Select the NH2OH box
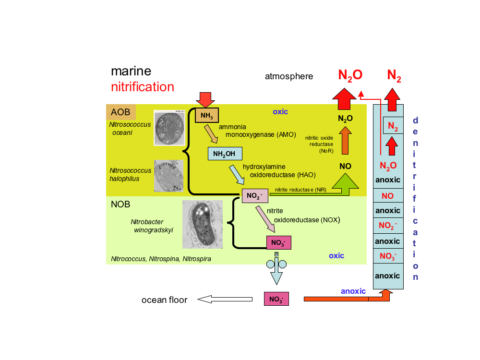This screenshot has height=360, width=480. [x=225, y=154]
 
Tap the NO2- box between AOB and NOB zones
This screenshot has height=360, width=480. [x=254, y=195]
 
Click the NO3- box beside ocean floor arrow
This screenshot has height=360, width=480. [x=276, y=299]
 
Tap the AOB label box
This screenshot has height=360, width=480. [x=121, y=112]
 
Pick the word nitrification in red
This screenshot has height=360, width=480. [x=142, y=87]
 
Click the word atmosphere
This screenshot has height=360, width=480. [x=289, y=76]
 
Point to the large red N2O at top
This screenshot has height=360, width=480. [x=350, y=75]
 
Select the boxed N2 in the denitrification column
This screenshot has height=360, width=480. [x=393, y=126]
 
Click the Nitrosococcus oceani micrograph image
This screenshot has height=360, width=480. [x=169, y=128]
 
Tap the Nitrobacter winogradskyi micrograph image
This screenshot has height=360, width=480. [x=202, y=225]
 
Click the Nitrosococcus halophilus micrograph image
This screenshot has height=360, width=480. [x=168, y=176]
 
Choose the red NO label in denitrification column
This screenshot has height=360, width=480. [x=387, y=196]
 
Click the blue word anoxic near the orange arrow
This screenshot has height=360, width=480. [x=353, y=291]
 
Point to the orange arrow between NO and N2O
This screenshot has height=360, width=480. [x=345, y=143]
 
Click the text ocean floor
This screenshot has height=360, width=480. [x=164, y=300]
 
